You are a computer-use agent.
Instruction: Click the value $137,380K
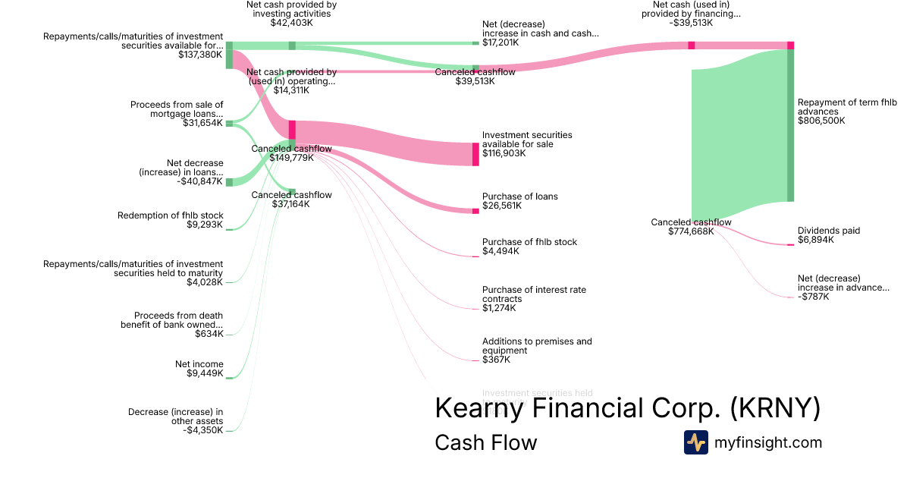click(x=200, y=55)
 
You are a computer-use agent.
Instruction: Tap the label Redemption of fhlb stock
click(x=170, y=215)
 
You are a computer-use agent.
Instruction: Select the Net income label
click(x=199, y=364)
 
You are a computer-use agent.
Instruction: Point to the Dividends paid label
click(x=829, y=231)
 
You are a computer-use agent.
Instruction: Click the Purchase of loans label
click(x=519, y=197)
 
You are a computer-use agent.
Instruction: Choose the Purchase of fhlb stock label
click(x=529, y=242)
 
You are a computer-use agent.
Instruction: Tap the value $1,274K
click(x=499, y=308)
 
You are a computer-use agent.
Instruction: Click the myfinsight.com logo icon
click(x=695, y=442)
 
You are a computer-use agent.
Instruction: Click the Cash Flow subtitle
click(x=485, y=442)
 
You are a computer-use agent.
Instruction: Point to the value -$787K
click(x=814, y=297)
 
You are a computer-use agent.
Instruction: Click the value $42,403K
click(x=292, y=23)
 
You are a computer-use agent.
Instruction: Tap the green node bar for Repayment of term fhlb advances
click(x=790, y=126)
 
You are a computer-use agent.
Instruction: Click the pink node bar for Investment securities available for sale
click(x=475, y=154)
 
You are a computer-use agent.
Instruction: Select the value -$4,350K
click(x=203, y=430)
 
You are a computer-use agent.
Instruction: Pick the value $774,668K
click(x=691, y=231)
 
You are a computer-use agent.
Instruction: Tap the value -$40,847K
click(x=199, y=181)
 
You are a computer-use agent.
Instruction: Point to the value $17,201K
click(x=500, y=42)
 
